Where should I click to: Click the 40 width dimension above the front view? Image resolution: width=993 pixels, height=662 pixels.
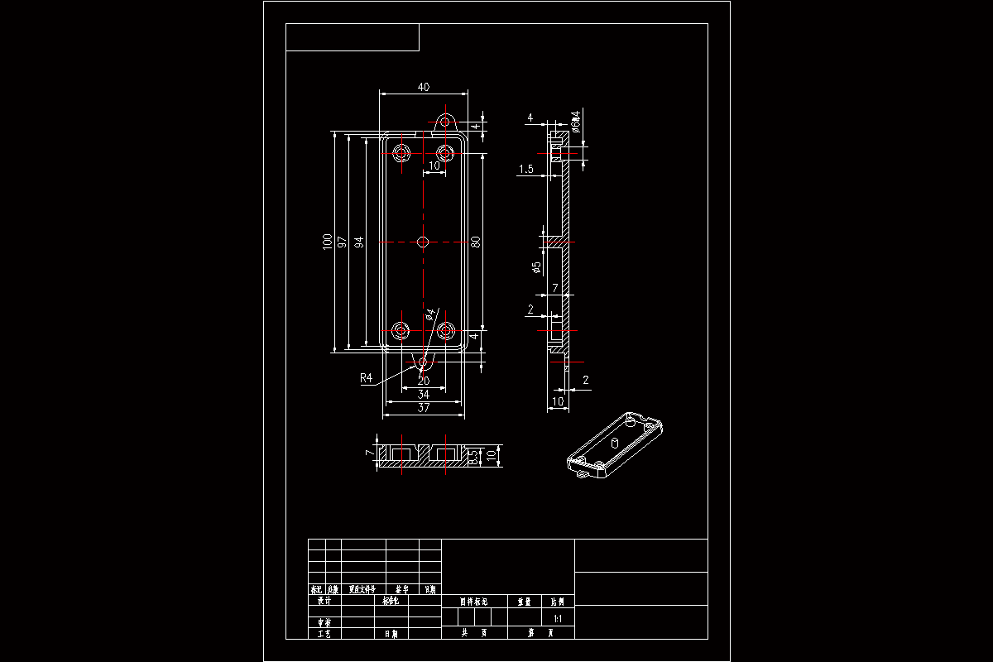[424, 87]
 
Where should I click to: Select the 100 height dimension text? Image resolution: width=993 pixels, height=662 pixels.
[329, 242]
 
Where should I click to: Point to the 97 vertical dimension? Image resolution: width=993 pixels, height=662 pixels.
[343, 242]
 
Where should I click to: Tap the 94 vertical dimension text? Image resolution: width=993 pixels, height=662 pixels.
[359, 242]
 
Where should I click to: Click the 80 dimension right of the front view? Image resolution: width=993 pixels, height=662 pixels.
[476, 242]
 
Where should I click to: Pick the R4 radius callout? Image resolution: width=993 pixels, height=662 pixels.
[367, 378]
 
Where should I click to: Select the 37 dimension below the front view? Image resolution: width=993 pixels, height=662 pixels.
[424, 407]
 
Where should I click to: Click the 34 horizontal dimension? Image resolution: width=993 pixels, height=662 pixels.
[424, 395]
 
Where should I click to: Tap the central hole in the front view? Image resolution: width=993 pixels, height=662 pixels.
[424, 242]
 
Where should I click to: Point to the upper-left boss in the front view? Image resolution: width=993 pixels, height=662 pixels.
[402, 153]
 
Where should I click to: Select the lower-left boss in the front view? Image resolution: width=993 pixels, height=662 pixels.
[402, 332]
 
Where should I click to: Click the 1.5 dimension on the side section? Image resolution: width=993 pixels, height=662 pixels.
[525, 169]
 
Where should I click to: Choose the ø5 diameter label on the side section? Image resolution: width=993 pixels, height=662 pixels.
[536, 267]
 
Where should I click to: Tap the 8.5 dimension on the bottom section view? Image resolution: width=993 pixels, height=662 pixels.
[473, 458]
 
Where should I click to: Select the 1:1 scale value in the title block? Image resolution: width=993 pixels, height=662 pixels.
[557, 618]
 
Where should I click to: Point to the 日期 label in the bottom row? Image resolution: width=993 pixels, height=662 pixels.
[391, 634]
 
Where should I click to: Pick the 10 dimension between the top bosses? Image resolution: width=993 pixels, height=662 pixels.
[434, 165]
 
